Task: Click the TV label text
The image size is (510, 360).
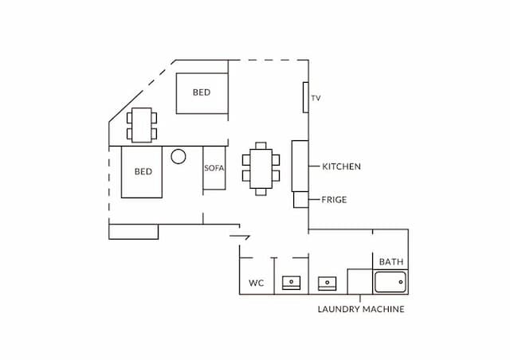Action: [316, 98]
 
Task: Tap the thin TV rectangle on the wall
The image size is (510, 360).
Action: [306, 97]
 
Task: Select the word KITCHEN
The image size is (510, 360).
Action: [341, 166]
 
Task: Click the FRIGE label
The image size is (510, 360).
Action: [334, 200]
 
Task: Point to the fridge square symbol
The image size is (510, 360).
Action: [301, 200]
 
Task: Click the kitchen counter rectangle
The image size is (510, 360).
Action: [300, 166]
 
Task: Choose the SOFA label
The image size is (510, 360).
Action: [214, 168]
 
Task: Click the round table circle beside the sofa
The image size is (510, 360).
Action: [178, 156]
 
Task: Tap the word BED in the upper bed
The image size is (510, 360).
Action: [202, 92]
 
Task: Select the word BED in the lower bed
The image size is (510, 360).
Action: [143, 171]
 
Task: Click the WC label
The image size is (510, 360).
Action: [257, 283]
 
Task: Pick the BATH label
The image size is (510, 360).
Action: [391, 262]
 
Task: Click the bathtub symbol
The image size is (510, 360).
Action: [390, 282]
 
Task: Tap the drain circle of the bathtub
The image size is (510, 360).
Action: [401, 282]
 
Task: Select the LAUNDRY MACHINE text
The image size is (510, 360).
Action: [361, 309]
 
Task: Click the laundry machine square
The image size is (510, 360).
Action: [359, 282]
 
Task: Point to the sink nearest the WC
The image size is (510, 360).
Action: [291, 283]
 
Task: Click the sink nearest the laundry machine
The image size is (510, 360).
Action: [327, 284]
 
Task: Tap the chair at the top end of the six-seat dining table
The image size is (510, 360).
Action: [261, 146]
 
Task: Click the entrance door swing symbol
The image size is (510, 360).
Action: [240, 237]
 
